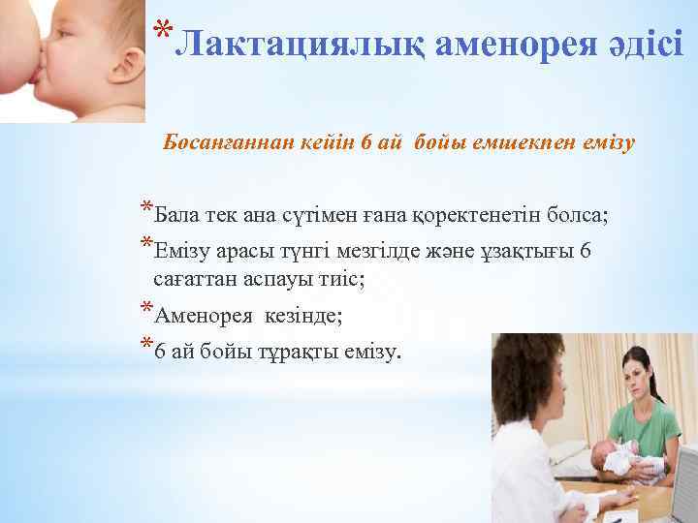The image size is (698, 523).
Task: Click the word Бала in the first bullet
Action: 174,212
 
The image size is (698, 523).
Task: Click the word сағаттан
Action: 195,279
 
